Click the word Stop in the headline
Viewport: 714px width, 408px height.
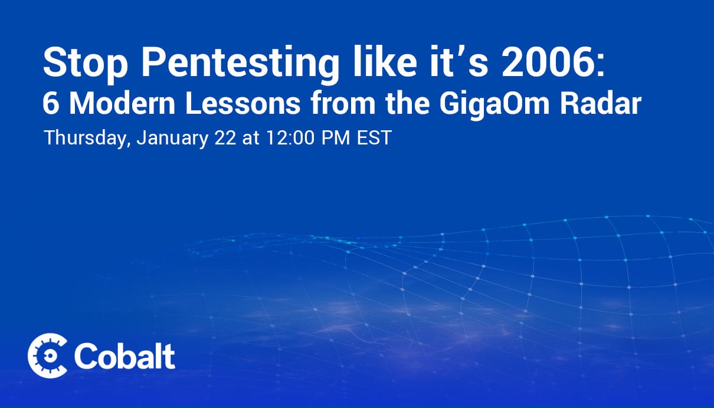coord(85,62)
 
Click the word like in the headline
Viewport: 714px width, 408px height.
coord(385,61)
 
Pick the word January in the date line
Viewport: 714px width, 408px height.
coord(172,139)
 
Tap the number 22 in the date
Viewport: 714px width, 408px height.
coord(225,137)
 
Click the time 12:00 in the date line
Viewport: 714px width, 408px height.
coord(290,137)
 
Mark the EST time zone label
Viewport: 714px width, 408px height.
coord(374,137)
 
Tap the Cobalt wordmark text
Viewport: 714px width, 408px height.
coord(125,356)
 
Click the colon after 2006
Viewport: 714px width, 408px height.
coord(601,67)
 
